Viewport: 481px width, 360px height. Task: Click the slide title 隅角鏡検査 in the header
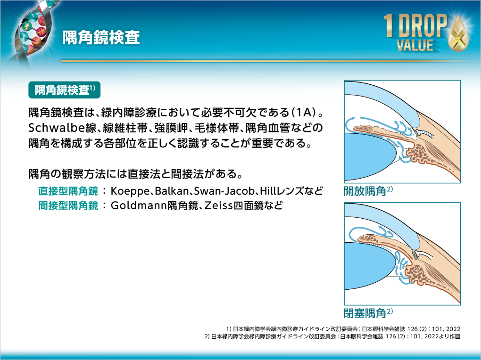101,38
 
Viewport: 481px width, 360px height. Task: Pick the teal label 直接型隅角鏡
67,192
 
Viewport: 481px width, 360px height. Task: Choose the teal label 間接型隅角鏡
67,205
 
